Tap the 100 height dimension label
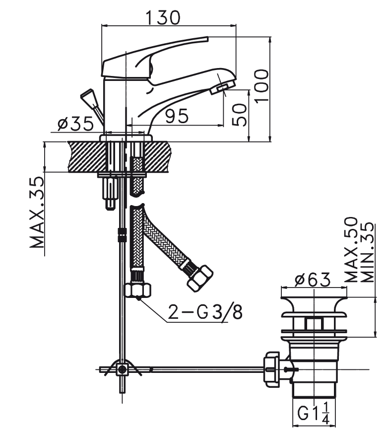[x=261, y=86]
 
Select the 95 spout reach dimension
[x=177, y=116]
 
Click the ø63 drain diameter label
[x=313, y=280]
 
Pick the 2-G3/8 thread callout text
[x=205, y=312]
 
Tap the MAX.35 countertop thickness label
[x=37, y=213]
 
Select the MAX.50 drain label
[x=351, y=250]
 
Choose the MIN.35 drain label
[x=367, y=252]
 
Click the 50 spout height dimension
[x=239, y=115]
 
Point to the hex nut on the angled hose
[x=200, y=278]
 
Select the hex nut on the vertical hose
[x=138, y=290]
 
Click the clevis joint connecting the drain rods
[x=122, y=369]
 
